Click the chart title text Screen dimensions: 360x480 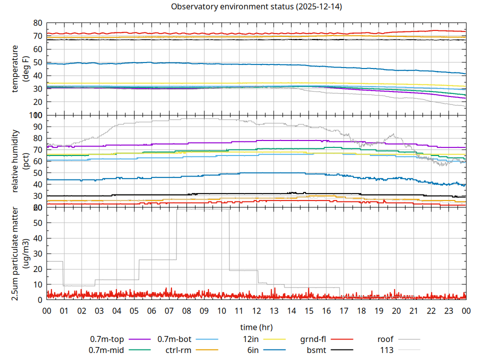tap(256, 7)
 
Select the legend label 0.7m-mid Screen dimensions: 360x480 tap(106, 350)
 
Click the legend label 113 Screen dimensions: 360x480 tap(387, 350)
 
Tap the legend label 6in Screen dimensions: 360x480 tap(253, 350)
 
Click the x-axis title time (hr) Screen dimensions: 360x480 tap(256, 327)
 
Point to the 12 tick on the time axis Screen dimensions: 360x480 tap(256, 310)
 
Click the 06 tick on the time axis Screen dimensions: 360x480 tap(151, 310)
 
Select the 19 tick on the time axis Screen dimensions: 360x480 tap(378, 310)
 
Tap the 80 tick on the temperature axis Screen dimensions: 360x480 tap(37, 23)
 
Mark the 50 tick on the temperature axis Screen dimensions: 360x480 tap(37, 62)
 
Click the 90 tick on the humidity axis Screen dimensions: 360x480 tap(37, 126)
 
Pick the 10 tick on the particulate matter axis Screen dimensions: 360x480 tap(37, 284)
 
